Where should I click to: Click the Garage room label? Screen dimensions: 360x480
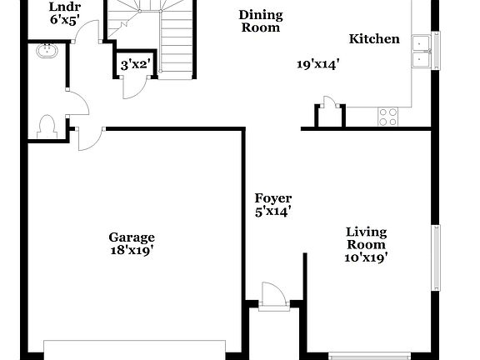tap(131, 237)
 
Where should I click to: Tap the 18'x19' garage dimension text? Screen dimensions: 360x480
tap(131, 249)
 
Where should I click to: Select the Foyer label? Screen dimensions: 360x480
tap(272, 198)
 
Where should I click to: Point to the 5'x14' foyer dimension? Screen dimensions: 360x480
tap(272, 211)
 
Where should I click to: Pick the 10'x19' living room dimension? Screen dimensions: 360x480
tap(367, 257)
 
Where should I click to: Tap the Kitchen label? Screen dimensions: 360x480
tap(373, 39)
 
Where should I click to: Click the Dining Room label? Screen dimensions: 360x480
tap(260, 21)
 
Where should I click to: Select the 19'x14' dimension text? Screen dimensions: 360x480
tap(317, 63)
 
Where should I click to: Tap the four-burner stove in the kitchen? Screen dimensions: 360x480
tap(387, 117)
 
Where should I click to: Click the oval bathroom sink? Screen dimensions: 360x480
tap(45, 52)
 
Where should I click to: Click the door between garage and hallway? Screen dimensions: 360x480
tap(87, 137)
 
